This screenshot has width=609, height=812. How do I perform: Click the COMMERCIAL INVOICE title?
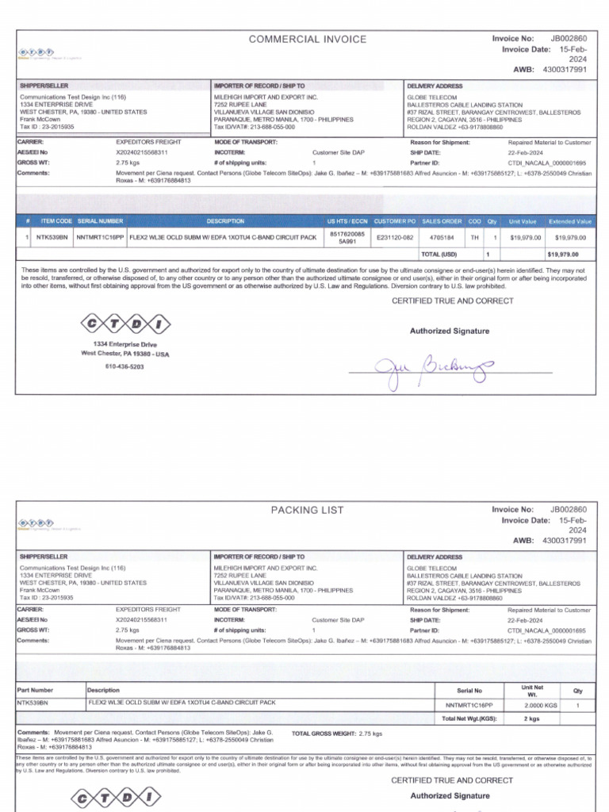tap(308, 39)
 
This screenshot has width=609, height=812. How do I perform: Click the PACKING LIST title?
tap(308, 510)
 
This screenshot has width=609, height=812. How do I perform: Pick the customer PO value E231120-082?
tap(395, 237)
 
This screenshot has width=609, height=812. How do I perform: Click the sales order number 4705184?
tap(441, 237)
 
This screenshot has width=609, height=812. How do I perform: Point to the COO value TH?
tap(474, 237)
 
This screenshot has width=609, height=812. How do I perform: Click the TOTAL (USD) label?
tap(440, 255)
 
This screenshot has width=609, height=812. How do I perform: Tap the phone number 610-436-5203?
tap(126, 367)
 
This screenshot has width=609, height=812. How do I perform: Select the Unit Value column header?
tap(523, 221)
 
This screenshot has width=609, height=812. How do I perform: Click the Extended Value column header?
tap(570, 221)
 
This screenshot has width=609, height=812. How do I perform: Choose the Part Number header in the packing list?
tap(36, 690)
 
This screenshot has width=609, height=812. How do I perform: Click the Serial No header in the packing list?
tap(469, 691)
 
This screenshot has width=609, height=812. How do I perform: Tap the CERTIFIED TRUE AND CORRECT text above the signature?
tap(452, 301)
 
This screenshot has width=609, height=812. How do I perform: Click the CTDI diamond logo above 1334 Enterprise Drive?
tap(125, 324)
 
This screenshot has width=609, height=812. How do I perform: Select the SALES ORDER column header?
tap(442, 221)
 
